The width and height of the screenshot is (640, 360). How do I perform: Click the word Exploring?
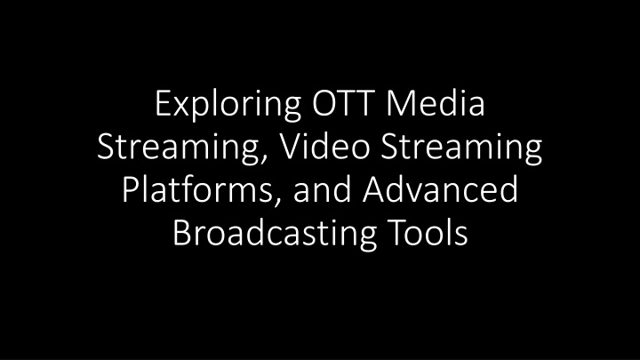pyautogui.click(x=228, y=105)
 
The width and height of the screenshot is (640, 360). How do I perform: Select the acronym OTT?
pyautogui.click(x=344, y=103)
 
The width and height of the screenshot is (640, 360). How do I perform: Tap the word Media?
pyautogui.click(x=436, y=103)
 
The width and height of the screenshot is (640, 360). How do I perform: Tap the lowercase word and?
pyautogui.click(x=322, y=190)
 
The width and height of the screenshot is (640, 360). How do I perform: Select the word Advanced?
pyautogui.click(x=440, y=190)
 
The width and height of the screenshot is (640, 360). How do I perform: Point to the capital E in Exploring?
pyautogui.click(x=163, y=104)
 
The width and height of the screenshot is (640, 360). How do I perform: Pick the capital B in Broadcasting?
pyautogui.click(x=181, y=233)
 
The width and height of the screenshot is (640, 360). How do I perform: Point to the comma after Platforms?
pyautogui.click(x=276, y=202)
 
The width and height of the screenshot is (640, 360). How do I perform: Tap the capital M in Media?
pyautogui.click(x=400, y=104)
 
